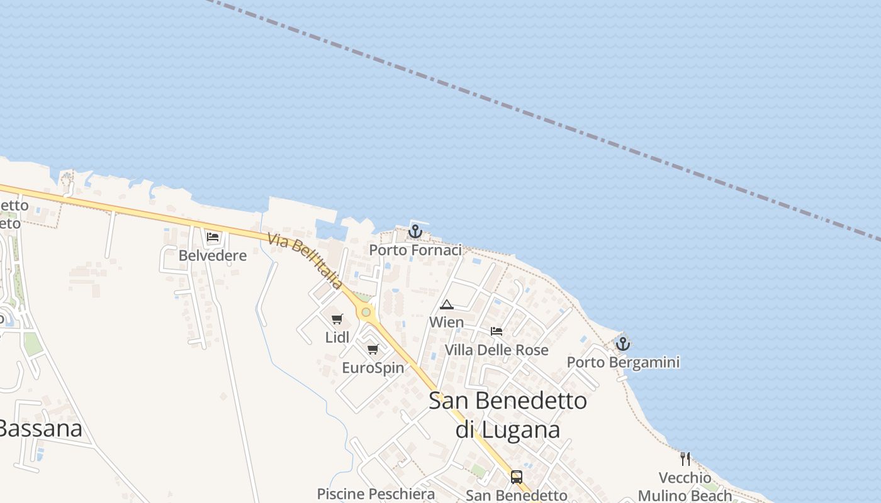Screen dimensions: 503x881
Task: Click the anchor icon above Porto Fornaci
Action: (415, 232)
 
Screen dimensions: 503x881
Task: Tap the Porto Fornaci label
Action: (415, 250)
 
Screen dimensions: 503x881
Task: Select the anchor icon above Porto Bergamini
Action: (622, 344)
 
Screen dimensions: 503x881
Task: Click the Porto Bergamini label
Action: (623, 362)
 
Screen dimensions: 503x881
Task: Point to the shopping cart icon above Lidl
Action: (337, 319)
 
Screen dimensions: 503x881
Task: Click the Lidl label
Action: (337, 338)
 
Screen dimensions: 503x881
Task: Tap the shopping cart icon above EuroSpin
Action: (373, 349)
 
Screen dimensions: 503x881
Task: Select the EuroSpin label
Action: (373, 368)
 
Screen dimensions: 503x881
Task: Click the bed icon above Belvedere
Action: (213, 237)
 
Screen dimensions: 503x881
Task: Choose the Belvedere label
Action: (213, 256)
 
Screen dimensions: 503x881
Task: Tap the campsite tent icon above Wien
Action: (447, 305)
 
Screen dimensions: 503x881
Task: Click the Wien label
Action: (447, 323)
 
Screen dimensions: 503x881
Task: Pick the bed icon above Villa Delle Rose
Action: (497, 331)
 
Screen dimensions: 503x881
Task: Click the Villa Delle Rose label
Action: (497, 350)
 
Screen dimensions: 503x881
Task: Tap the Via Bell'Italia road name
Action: (305, 262)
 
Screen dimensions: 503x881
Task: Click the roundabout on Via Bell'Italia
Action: (366, 312)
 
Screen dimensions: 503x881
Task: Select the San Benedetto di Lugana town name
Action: (508, 414)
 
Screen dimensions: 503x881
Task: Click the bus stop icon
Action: (517, 477)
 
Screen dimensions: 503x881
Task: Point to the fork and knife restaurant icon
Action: (685, 459)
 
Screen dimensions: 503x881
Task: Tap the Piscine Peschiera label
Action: (376, 494)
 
